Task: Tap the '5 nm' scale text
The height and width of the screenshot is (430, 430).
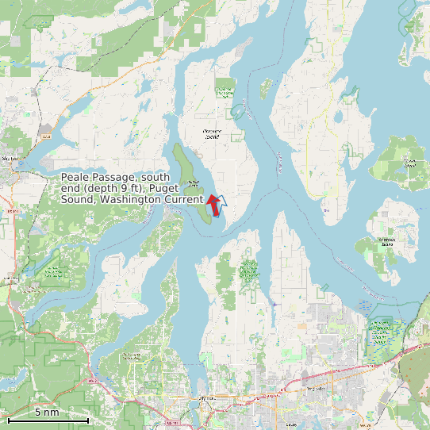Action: pyautogui.click(x=46, y=412)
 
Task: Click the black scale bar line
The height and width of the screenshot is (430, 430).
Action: pyautogui.click(x=48, y=419)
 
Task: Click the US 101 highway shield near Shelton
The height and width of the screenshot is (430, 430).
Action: pyautogui.click(x=11, y=212)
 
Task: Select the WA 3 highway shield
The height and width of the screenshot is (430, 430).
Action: pyautogui.click(x=46, y=136)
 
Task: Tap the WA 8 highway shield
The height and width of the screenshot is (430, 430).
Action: pyautogui.click(x=94, y=380)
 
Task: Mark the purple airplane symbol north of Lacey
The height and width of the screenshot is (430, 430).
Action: pyautogui.click(x=275, y=303)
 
